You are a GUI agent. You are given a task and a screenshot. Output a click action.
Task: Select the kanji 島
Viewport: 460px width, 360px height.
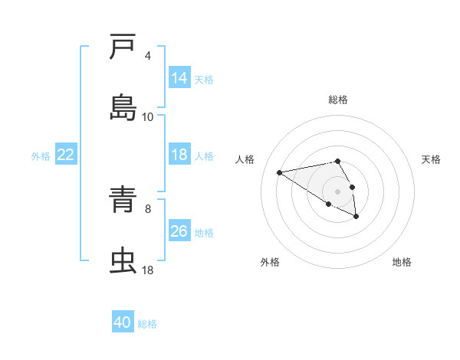coord(123,108)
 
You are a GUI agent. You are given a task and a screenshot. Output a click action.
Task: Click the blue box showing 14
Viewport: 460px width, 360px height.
coord(179,78)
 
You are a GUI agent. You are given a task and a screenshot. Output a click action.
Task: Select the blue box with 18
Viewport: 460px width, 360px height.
coord(179,155)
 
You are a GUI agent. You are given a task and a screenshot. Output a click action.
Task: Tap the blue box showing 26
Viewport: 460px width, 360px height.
coord(179,231)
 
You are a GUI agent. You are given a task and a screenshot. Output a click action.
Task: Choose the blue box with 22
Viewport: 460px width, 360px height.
coord(66,155)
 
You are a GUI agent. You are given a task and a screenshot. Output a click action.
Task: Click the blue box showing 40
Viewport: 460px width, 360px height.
coord(123,323)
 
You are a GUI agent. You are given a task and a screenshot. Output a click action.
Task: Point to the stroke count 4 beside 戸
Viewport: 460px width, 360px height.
coord(148,55)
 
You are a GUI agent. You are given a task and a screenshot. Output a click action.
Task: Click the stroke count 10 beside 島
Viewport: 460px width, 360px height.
coord(148,116)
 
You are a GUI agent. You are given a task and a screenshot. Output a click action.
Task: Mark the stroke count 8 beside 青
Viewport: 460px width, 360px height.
coord(148,208)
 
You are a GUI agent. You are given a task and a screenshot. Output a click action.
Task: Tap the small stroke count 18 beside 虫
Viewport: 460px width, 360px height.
coord(148,270)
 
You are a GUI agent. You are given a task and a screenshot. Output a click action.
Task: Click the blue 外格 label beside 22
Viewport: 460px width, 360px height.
coord(41,155)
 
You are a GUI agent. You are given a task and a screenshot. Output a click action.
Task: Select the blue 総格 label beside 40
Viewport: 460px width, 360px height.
coord(147,324)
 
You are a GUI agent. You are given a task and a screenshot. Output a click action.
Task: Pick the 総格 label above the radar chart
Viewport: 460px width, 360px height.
coord(338,100)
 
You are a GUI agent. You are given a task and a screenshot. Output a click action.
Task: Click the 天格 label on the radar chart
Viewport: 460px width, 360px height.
coord(431,159)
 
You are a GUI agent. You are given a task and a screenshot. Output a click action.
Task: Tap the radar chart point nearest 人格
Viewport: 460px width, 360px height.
coord(280,172)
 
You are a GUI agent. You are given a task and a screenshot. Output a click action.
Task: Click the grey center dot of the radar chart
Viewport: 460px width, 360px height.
coord(337,191)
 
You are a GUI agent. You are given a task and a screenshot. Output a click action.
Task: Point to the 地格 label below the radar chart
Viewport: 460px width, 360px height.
coord(402,262)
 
